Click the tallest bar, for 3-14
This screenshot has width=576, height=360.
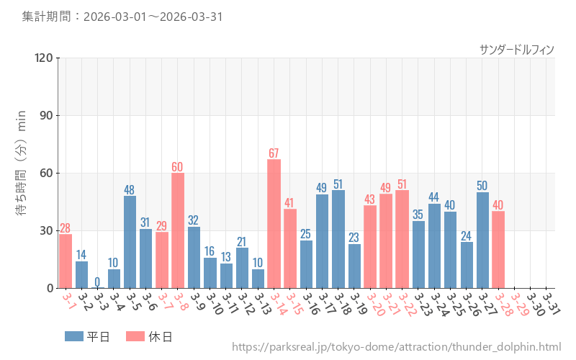point(274,223)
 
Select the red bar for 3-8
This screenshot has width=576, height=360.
point(177,230)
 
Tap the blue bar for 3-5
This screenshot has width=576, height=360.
point(130,242)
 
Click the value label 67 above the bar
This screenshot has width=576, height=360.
point(274,153)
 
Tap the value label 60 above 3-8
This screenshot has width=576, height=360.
point(177,166)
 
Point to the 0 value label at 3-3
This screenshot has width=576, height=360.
point(97,282)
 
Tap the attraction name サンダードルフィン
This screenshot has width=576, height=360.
point(516,49)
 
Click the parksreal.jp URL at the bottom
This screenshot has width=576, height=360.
point(396,347)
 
